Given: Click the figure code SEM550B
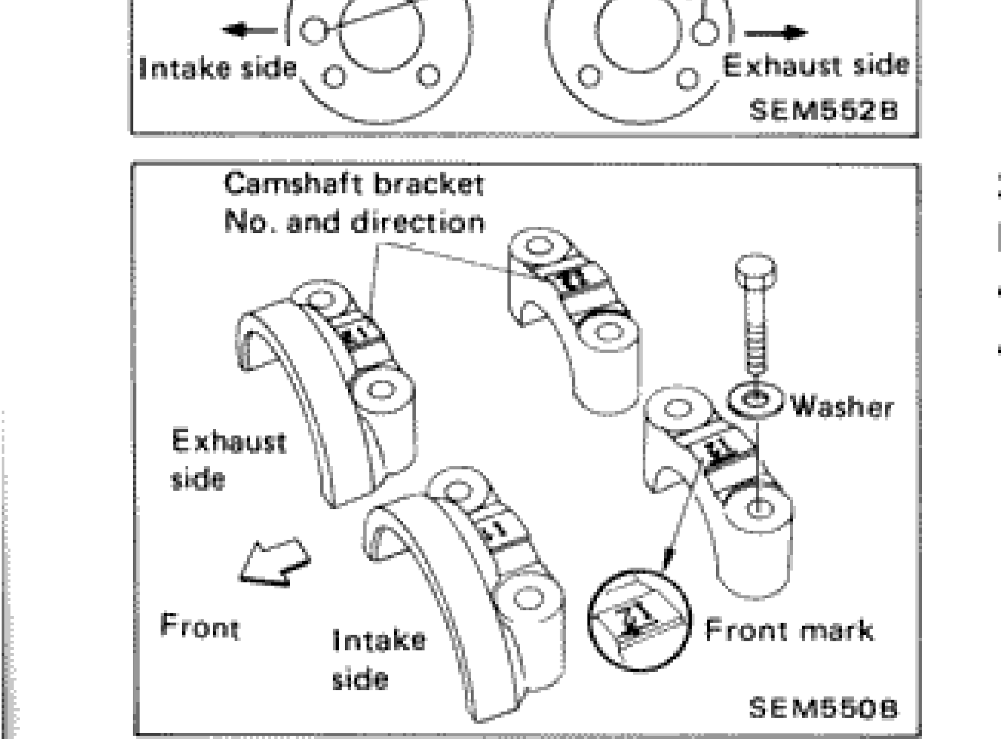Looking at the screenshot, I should click(x=823, y=707).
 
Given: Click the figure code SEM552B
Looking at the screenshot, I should click(x=823, y=110).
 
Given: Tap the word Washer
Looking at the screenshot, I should click(x=841, y=407).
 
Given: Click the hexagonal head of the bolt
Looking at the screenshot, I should click(x=756, y=270).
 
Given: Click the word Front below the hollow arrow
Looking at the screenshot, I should click(x=199, y=626).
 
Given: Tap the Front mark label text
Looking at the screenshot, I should click(x=790, y=631).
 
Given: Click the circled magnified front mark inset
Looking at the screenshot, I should click(x=639, y=620).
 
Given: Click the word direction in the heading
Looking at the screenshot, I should click(x=417, y=222).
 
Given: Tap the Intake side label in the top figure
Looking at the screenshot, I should click(x=218, y=68).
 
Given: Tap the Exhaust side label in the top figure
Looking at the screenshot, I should click(x=815, y=66).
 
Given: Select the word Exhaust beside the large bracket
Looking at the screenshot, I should click(x=229, y=441).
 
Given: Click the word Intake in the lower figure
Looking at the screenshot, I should click(x=379, y=640).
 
